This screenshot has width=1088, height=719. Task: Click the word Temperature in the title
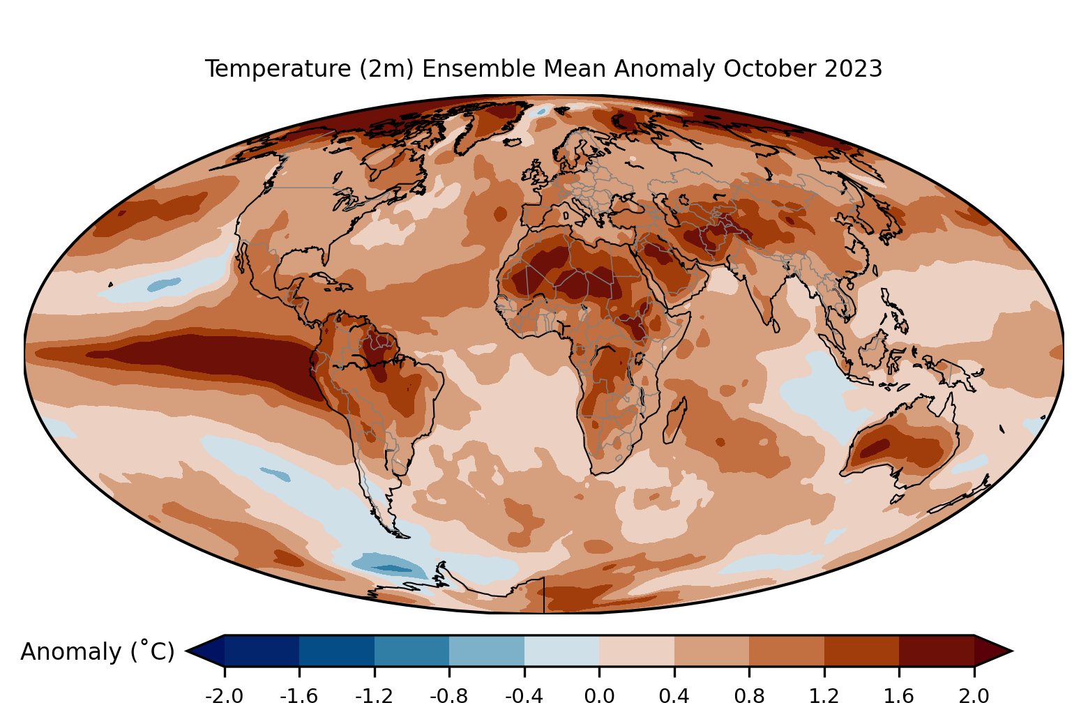[278, 68]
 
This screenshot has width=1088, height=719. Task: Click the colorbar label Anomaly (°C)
[97, 651]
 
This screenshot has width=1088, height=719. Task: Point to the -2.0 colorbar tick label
[224, 697]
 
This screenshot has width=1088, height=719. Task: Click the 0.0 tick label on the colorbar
[599, 697]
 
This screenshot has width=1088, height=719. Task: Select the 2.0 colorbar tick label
[974, 697]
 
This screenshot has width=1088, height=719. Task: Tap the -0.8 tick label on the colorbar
[449, 697]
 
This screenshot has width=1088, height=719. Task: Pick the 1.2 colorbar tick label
[824, 697]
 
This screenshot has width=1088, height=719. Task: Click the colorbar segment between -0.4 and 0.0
[561, 651]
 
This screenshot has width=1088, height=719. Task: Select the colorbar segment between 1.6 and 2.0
[937, 651]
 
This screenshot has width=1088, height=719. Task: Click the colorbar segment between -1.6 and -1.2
[337, 651]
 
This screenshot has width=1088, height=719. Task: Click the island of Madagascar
[674, 421]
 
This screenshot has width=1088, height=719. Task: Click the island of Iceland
[513, 142]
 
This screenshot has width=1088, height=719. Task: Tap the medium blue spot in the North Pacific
[164, 285]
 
